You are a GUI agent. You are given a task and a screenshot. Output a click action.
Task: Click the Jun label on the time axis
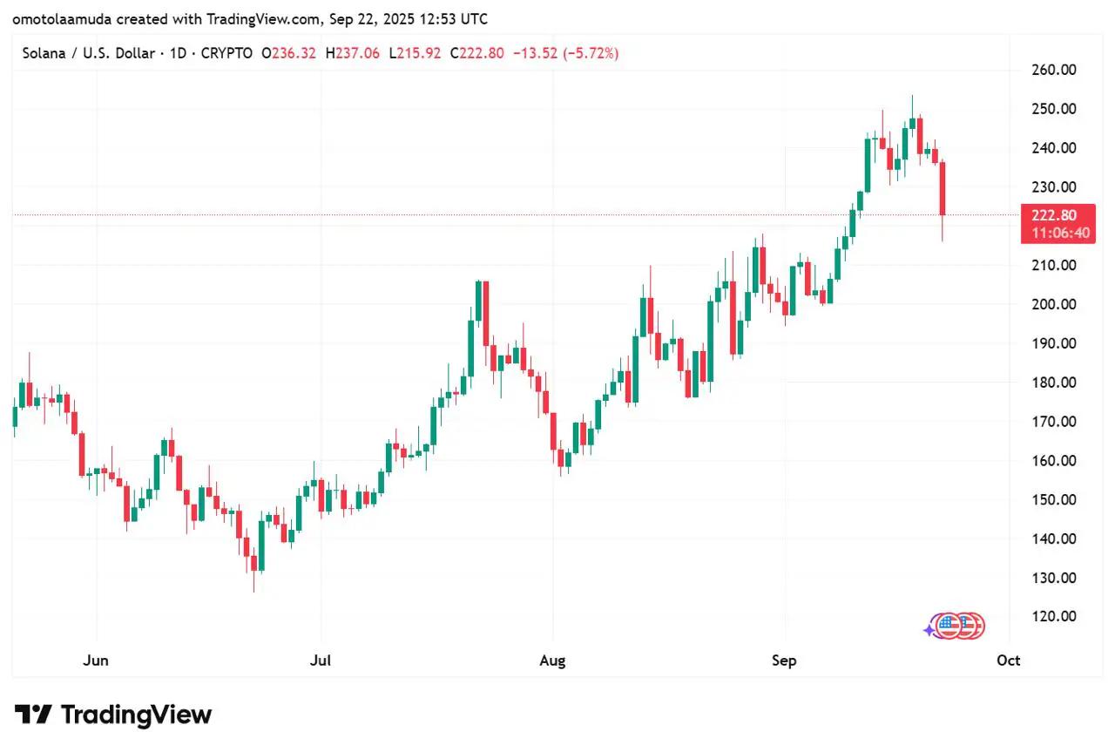click(96, 661)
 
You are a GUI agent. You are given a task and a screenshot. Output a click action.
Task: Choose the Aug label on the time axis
click(552, 661)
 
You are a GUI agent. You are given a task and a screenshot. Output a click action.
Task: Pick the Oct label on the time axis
click(1009, 661)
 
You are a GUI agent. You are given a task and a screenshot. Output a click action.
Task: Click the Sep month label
click(784, 661)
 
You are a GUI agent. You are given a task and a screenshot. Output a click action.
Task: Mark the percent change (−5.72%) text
click(590, 54)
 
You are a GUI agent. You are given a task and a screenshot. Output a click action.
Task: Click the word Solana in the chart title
click(44, 54)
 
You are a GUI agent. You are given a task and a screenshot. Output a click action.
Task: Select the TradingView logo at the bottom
click(113, 715)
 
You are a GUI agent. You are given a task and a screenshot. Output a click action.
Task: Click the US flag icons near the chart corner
click(956, 626)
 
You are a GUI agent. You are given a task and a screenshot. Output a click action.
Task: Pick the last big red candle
click(943, 188)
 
